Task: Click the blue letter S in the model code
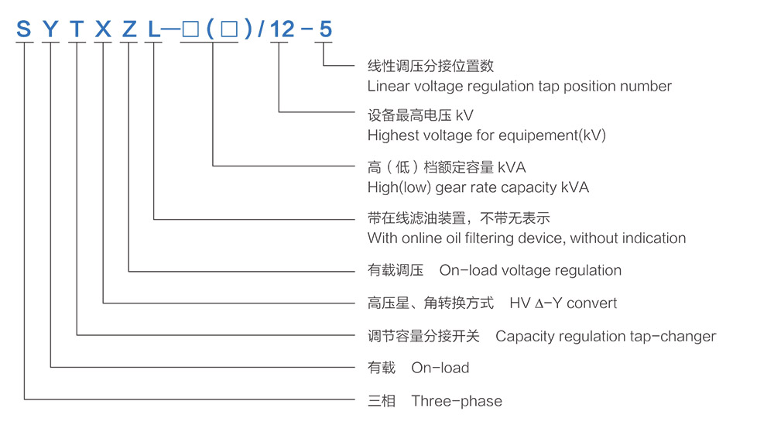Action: pos(24,29)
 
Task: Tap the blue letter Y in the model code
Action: pos(50,29)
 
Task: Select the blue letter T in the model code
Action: pos(77,29)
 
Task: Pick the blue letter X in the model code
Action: pos(103,29)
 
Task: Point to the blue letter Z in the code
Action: pos(129,29)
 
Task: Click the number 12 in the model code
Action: pos(283,29)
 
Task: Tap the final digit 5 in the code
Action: pos(326,29)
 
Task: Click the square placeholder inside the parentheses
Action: pos(229,29)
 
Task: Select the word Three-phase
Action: pos(457,401)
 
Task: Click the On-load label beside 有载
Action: pos(440,368)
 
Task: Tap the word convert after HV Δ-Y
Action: pos(592,303)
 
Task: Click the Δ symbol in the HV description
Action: pos(539,303)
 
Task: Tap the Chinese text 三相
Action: pos(382,401)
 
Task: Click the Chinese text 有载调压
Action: pos(396,270)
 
